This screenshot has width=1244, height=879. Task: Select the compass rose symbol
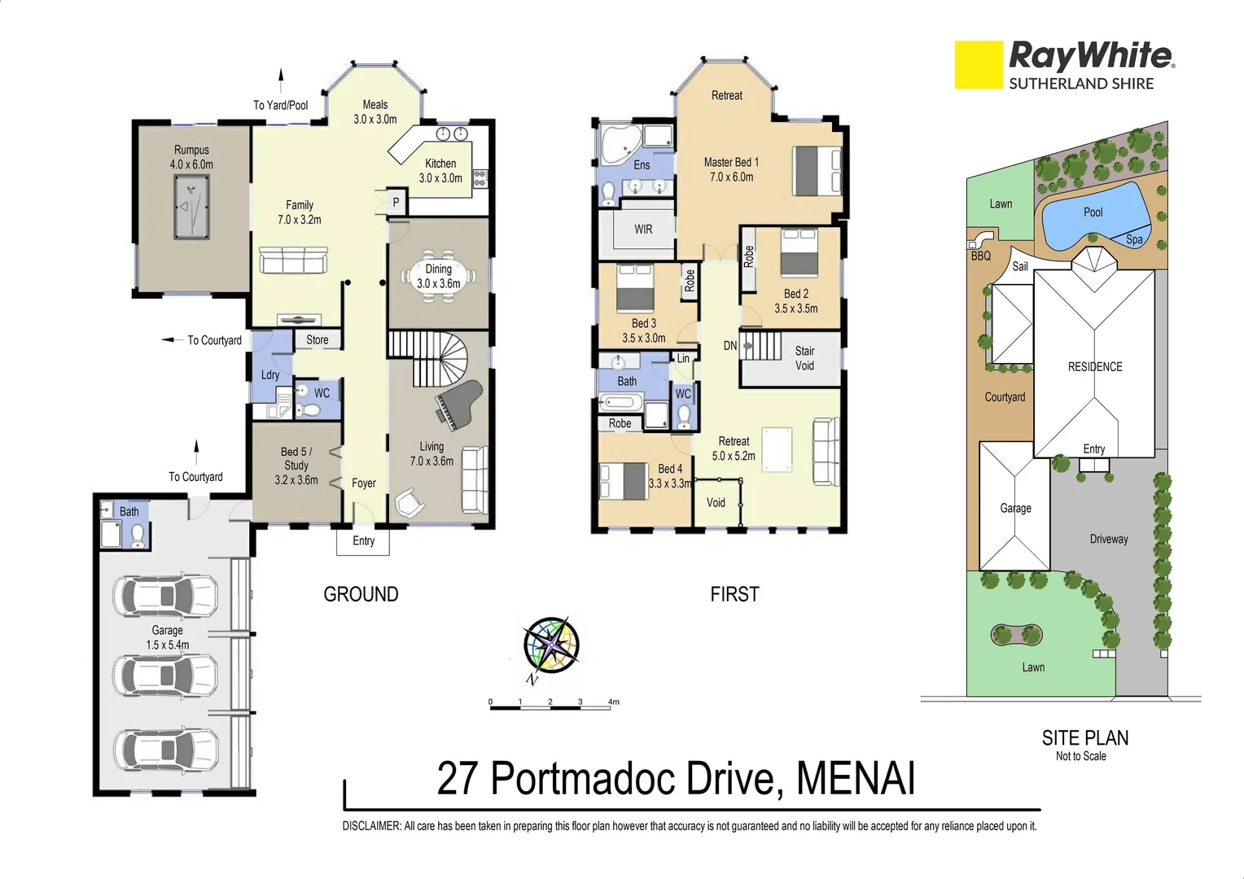pyautogui.click(x=551, y=645)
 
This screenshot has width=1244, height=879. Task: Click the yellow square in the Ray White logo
pyautogui.click(x=978, y=64)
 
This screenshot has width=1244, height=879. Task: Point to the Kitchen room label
pyautogui.click(x=440, y=164)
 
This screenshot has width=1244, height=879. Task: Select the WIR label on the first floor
pyautogui.click(x=643, y=230)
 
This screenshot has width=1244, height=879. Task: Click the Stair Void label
pyautogui.click(x=804, y=358)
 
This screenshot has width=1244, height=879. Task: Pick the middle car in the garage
pyautogui.click(x=166, y=675)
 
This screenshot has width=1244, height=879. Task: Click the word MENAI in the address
pyautogui.click(x=856, y=778)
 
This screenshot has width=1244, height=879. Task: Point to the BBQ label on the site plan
pyautogui.click(x=980, y=256)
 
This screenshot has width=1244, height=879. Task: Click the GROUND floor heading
pyautogui.click(x=361, y=594)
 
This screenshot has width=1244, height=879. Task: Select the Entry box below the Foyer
pyautogui.click(x=363, y=541)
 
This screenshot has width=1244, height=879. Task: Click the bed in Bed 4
pyautogui.click(x=623, y=480)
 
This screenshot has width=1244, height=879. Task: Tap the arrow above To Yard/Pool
pyautogui.click(x=282, y=81)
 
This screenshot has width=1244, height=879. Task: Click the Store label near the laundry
pyautogui.click(x=318, y=340)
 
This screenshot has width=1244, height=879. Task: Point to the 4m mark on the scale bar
pyautogui.click(x=613, y=702)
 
